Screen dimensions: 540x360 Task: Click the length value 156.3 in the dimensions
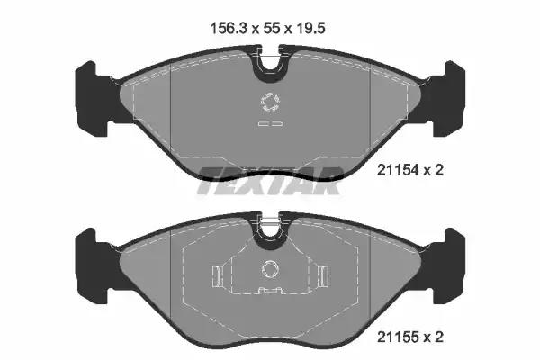pyautogui.click(x=229, y=28)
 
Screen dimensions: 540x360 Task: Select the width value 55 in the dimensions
pyautogui.click(x=271, y=28)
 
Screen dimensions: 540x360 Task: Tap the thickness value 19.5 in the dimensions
pyautogui.click(x=310, y=28)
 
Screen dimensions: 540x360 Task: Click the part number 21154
pyautogui.click(x=398, y=170)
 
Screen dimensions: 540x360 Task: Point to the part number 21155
pyautogui.click(x=398, y=337)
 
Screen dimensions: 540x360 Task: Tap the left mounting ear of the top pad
pyautogui.click(x=94, y=98)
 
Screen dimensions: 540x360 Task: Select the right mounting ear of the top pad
pyautogui.click(x=446, y=98)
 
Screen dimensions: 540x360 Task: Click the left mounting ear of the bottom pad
pyautogui.click(x=94, y=265)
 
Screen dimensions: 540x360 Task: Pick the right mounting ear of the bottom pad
pyautogui.click(x=446, y=265)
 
